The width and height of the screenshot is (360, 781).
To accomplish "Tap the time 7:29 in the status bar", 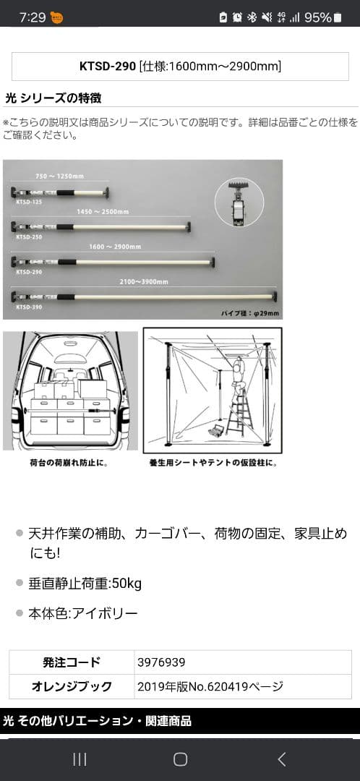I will [33, 17].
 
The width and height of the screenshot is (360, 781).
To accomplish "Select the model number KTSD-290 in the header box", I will [108, 67].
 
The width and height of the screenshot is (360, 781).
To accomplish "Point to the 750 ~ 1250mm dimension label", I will [60, 176].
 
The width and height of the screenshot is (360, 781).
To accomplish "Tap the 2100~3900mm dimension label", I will [144, 281].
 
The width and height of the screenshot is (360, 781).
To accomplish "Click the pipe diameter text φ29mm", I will [249, 313].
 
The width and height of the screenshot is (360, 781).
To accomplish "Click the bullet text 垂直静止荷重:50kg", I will [85, 582].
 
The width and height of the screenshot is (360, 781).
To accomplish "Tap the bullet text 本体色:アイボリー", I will [82, 613].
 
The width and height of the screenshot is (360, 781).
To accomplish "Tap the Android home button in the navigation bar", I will [180, 759].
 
